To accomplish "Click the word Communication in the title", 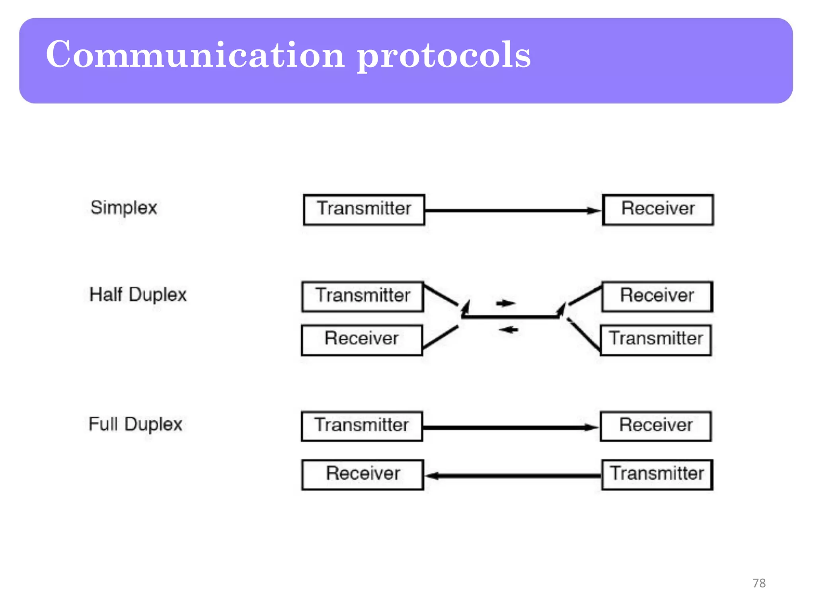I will [195, 55].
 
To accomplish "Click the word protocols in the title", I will [443, 56].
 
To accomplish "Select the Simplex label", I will [124, 208].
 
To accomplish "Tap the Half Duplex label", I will [138, 295].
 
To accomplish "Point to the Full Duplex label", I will [135, 424].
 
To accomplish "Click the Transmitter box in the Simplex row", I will [364, 209].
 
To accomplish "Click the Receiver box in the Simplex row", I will [658, 209].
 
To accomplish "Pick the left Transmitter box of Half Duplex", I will [363, 296].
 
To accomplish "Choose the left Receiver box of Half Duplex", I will [362, 340].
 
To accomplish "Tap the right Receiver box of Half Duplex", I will [657, 296].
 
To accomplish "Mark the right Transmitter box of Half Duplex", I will [656, 340].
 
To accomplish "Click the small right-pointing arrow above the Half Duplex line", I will [505, 304].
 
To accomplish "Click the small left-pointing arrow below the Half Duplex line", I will [508, 329].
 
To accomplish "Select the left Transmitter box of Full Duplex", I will [362, 426].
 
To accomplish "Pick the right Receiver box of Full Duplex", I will [656, 426].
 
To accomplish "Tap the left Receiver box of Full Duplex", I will [363, 474].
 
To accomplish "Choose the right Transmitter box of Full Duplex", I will [657, 474].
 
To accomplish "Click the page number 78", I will [759, 583].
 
